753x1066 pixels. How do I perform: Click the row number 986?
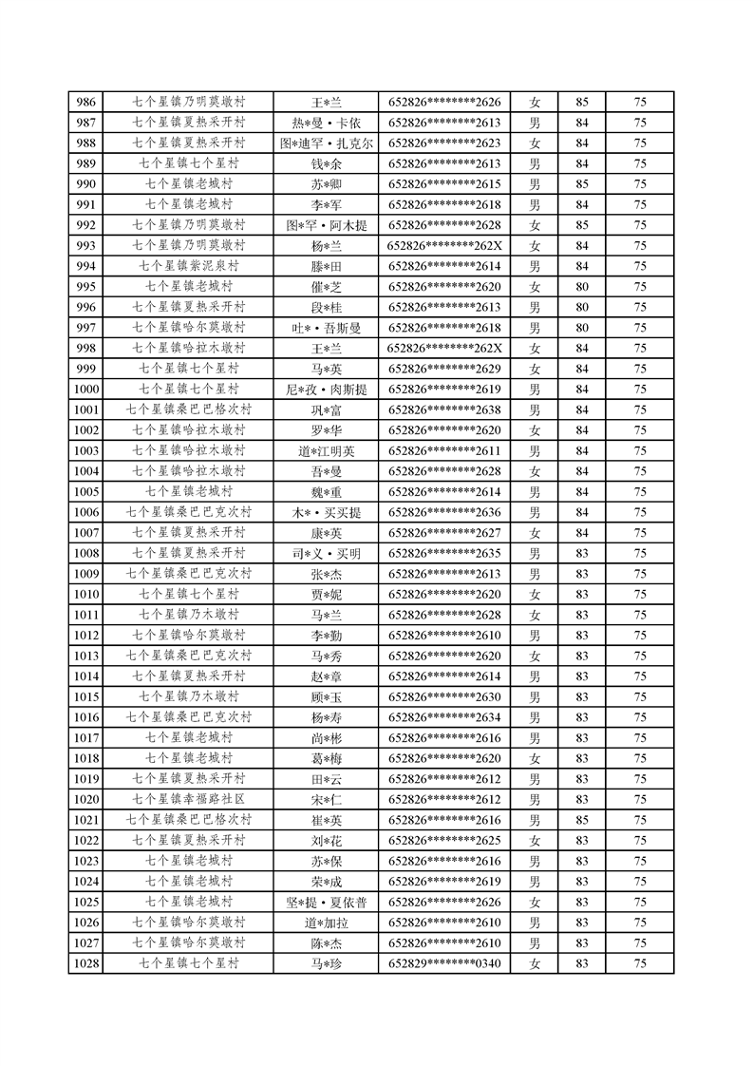(85, 102)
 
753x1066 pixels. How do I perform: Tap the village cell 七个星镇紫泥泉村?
(189, 266)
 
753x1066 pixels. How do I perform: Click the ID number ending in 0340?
(444, 963)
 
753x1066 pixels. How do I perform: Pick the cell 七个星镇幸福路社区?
(189, 799)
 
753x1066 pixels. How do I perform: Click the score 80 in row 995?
(582, 287)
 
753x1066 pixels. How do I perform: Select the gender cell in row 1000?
(535, 390)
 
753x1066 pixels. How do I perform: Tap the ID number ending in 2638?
(444, 410)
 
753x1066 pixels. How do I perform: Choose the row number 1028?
(85, 963)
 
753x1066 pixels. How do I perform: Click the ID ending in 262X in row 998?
(444, 349)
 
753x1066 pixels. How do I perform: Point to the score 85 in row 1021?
(582, 820)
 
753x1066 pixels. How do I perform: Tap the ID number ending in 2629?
(444, 369)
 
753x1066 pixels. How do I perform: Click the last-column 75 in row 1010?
(640, 595)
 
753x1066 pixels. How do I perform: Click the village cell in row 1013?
(189, 656)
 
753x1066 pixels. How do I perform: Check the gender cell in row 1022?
(535, 840)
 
